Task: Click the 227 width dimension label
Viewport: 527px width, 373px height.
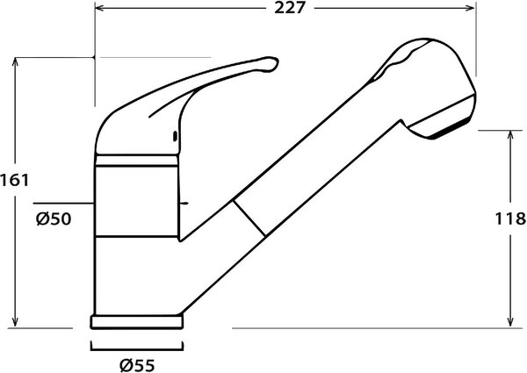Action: click(x=289, y=8)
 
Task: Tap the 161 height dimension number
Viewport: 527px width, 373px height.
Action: click(x=14, y=181)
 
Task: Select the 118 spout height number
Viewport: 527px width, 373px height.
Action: click(x=510, y=219)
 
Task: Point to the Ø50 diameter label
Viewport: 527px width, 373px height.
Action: click(x=54, y=219)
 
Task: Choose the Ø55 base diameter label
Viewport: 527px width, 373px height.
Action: click(x=138, y=364)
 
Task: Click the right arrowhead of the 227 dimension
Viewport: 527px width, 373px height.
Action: click(x=471, y=8)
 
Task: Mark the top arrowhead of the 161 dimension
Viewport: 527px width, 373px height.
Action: click(x=15, y=62)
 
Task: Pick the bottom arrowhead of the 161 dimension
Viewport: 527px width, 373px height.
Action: click(x=15, y=321)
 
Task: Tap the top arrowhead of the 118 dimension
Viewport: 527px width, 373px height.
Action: click(x=511, y=135)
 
